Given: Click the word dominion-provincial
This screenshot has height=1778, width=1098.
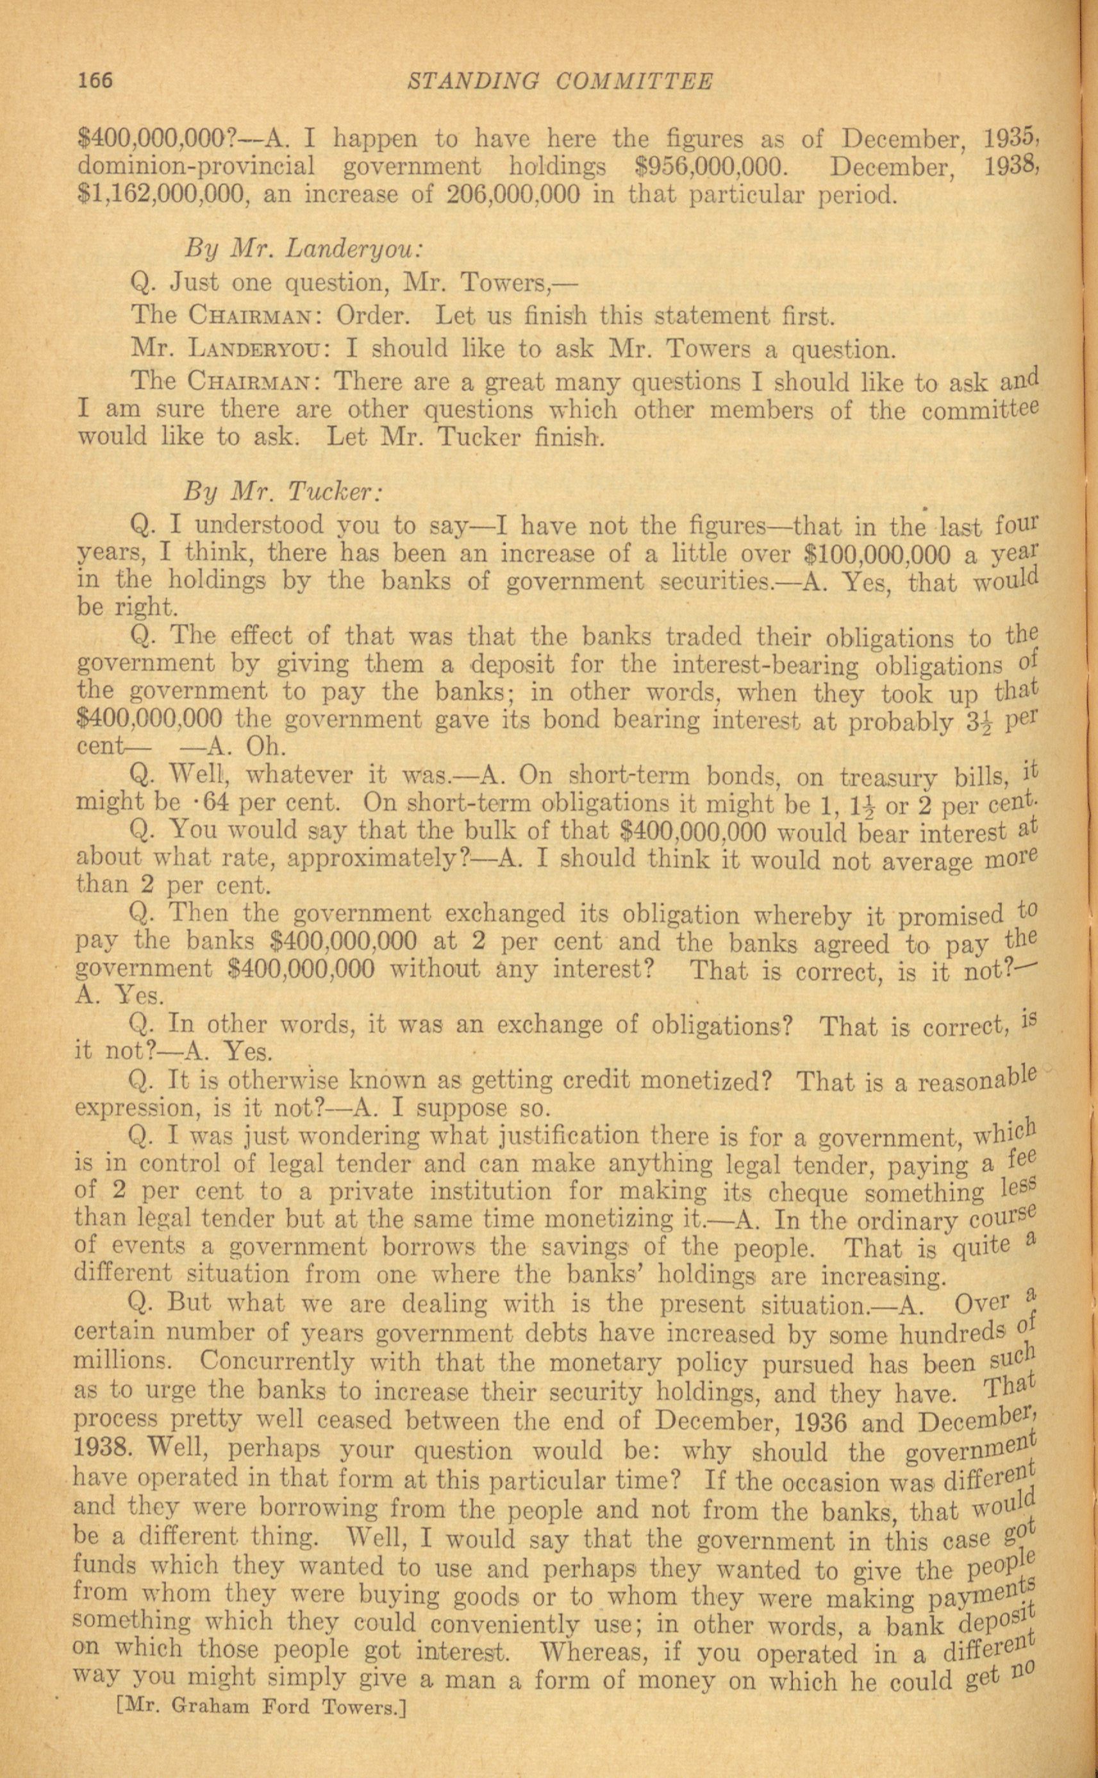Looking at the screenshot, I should click(x=196, y=167).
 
